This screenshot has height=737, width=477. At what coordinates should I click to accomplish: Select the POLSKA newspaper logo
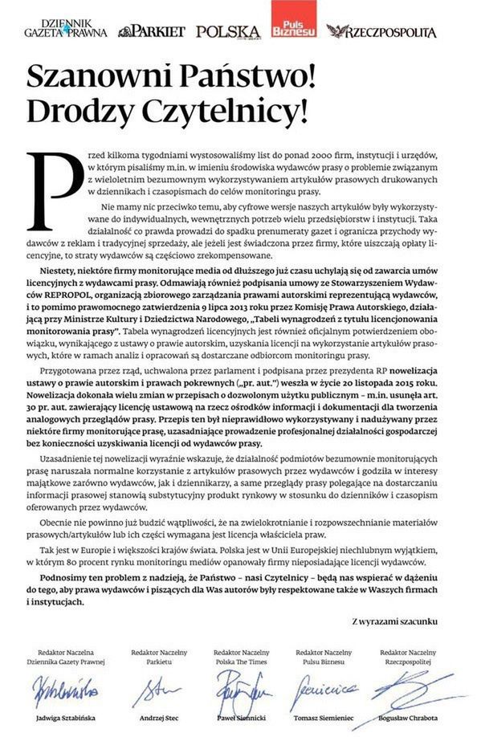click(228, 31)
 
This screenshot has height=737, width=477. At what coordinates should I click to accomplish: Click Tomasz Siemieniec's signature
click(322, 688)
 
